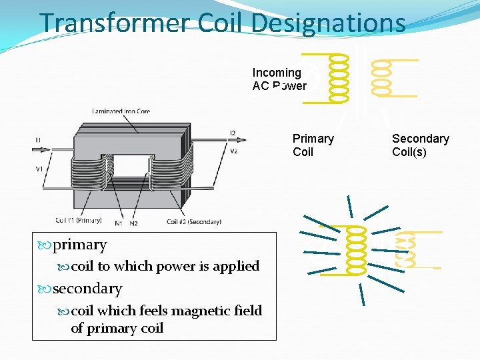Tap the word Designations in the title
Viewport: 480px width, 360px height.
tap(329, 23)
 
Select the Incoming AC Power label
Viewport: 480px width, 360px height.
tap(279, 79)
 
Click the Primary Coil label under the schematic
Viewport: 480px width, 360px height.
tap(313, 145)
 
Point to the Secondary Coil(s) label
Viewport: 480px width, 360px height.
tap(420, 145)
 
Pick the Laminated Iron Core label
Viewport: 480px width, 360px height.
tap(121, 111)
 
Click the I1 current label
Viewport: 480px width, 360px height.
tap(38, 140)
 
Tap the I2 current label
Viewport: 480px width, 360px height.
tap(232, 134)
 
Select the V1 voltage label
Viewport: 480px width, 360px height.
tap(39, 169)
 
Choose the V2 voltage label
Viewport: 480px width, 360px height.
tap(233, 151)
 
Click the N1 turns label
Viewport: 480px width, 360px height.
tap(119, 223)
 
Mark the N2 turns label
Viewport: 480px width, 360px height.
tap(134, 223)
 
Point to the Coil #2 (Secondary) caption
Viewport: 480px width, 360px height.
tap(193, 221)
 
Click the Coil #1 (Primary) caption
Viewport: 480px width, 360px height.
tap(79, 221)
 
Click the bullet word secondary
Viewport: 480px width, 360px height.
tap(87, 289)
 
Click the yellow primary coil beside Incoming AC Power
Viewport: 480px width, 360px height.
tap(339, 77)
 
